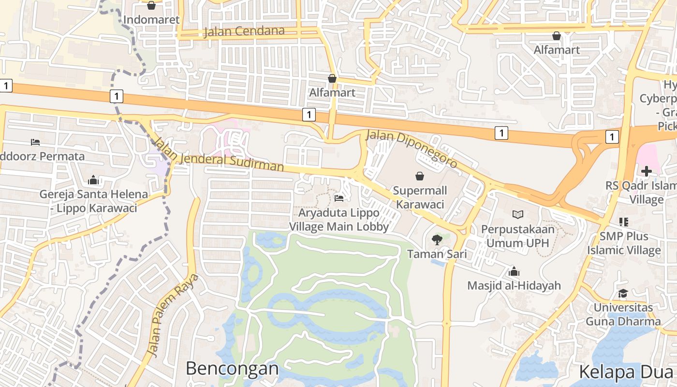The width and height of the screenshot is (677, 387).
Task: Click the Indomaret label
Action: [151, 20]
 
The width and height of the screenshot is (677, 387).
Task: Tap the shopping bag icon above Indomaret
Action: [151, 5]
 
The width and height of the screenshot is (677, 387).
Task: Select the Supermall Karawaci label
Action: [420, 197]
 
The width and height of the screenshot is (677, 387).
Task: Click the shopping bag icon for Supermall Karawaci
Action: [420, 177]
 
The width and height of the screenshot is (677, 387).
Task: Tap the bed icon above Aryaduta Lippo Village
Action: [339, 198]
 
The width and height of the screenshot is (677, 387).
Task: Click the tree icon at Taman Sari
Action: [437, 239]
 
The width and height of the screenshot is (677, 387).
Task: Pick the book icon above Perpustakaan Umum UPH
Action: [518, 214]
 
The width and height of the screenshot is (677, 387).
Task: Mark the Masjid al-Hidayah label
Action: [514, 285]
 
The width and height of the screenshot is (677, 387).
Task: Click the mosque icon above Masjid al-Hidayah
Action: [514, 271]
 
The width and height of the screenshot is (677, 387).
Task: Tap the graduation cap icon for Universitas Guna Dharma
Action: [623, 294]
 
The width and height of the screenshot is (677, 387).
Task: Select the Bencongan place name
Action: [232, 369]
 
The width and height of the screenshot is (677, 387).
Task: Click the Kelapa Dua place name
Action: [627, 372]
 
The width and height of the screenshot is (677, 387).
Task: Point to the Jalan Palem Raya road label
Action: [172, 315]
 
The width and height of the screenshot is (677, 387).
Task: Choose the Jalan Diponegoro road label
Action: [412, 149]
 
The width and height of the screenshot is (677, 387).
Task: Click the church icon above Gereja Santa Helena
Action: [93, 180]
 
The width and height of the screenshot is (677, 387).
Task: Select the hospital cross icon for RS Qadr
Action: [647, 171]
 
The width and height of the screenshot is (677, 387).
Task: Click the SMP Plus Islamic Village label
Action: [624, 243]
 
